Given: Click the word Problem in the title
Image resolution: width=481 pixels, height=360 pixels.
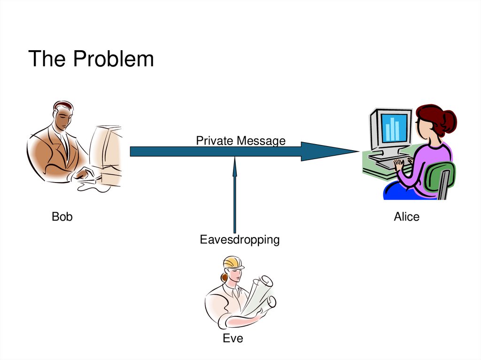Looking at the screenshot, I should (113, 60).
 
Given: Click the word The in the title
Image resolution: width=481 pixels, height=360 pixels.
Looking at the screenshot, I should (46, 60).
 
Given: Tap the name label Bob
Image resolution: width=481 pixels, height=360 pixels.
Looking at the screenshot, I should (62, 217).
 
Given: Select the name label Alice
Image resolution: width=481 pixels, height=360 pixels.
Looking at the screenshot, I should (406, 217).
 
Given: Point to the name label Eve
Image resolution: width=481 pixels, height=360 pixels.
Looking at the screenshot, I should (233, 338).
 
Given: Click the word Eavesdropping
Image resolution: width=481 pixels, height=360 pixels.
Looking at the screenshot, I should (240, 240).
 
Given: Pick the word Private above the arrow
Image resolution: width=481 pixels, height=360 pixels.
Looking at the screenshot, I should (214, 140).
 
